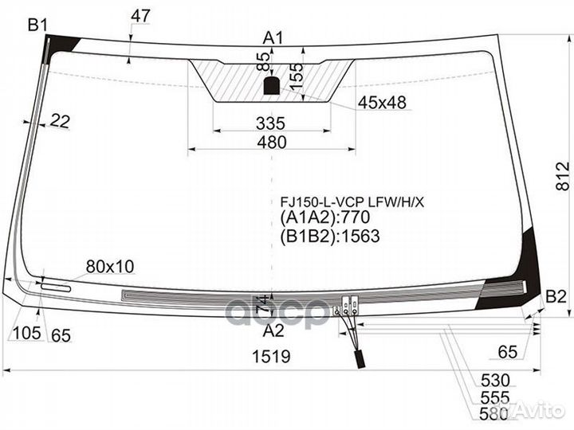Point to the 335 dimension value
271,123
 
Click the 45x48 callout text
382,102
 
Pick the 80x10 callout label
111,266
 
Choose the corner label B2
556,298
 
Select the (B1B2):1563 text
329,236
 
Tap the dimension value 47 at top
140,15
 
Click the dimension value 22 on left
60,121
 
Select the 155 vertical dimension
296,76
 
